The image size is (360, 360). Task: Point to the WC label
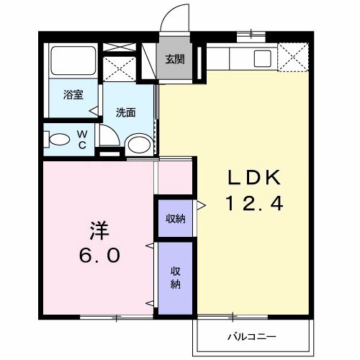(x=82, y=138)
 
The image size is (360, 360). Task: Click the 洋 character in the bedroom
(x=99, y=230)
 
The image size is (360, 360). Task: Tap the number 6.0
(x=99, y=256)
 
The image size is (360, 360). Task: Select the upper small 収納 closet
(x=175, y=218)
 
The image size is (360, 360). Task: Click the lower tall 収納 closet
(x=175, y=277)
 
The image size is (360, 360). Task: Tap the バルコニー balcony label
(x=252, y=336)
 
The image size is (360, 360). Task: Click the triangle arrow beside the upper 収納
(x=202, y=206)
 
